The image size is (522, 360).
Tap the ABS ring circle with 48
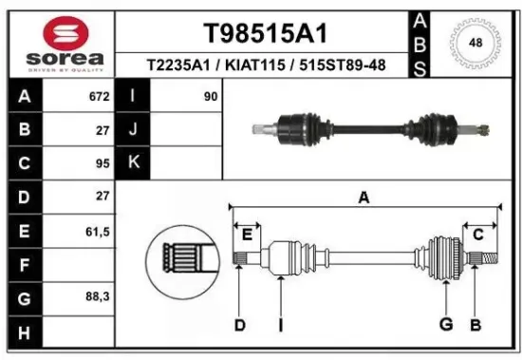click(x=475, y=42)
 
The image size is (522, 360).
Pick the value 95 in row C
click(x=102, y=163)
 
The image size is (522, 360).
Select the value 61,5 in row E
click(x=97, y=230)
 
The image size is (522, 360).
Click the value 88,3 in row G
click(x=97, y=297)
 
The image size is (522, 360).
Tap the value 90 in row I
click(x=210, y=97)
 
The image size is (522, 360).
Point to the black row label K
click(x=133, y=163)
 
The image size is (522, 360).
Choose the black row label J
click(x=133, y=130)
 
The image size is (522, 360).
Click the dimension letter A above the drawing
click(x=363, y=198)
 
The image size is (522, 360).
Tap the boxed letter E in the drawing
click(x=248, y=235)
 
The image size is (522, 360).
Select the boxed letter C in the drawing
click(x=478, y=235)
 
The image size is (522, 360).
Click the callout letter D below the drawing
click(x=240, y=326)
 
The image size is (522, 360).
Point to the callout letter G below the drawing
click(x=444, y=326)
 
